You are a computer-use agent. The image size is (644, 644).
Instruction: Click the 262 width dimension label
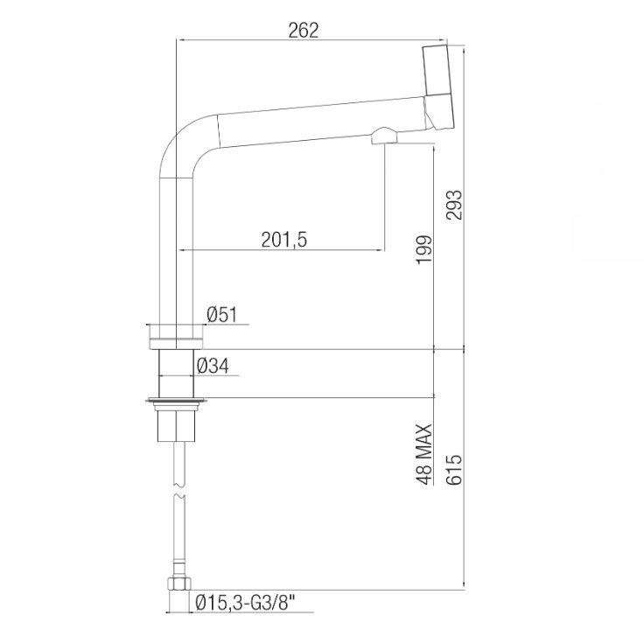coord(303,30)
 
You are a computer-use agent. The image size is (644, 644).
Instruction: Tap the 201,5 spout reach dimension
coord(284,240)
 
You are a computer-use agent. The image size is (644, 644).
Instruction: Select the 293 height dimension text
coord(454,205)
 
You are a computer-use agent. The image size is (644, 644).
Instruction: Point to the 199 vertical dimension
coord(424,249)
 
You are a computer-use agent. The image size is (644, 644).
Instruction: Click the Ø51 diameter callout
coord(222,315)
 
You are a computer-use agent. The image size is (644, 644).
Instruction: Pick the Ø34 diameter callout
coord(213,366)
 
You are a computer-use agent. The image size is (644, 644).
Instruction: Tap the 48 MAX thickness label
coord(424,454)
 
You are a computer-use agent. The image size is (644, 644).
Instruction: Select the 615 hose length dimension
coord(454,470)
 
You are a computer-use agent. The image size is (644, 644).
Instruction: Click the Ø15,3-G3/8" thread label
coord(246,604)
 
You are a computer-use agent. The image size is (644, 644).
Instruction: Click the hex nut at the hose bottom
coord(178,584)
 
